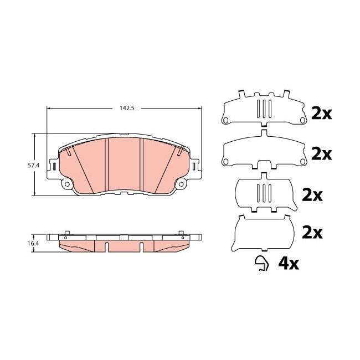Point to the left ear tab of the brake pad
(54, 165)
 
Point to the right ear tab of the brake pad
(195, 165)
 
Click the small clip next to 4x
(261, 264)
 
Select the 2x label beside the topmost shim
(321, 113)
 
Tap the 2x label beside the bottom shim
(312, 233)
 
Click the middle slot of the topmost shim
(264, 108)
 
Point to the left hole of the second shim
(225, 162)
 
